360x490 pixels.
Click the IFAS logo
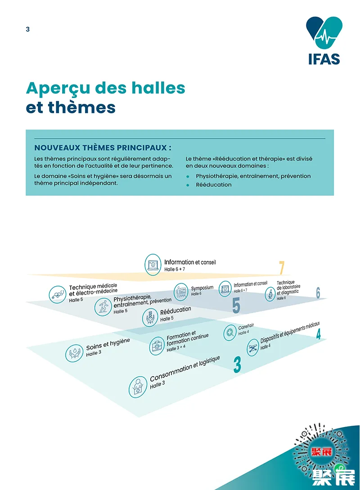324,40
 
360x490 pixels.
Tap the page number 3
28,29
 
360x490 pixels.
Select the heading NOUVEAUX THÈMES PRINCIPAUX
103,148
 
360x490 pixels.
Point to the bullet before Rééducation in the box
188,185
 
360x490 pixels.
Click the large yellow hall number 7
282,268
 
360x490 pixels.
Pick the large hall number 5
236,306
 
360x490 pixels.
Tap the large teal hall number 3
237,364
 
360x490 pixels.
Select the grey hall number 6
318,293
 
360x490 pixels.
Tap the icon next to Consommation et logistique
138,387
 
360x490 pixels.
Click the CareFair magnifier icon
230,333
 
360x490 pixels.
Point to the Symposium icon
180,291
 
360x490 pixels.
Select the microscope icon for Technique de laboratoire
270,294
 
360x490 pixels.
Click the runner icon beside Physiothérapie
103,307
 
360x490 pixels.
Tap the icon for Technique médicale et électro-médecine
58,294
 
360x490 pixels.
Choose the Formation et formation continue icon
157,346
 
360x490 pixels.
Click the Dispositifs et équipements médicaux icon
252,347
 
